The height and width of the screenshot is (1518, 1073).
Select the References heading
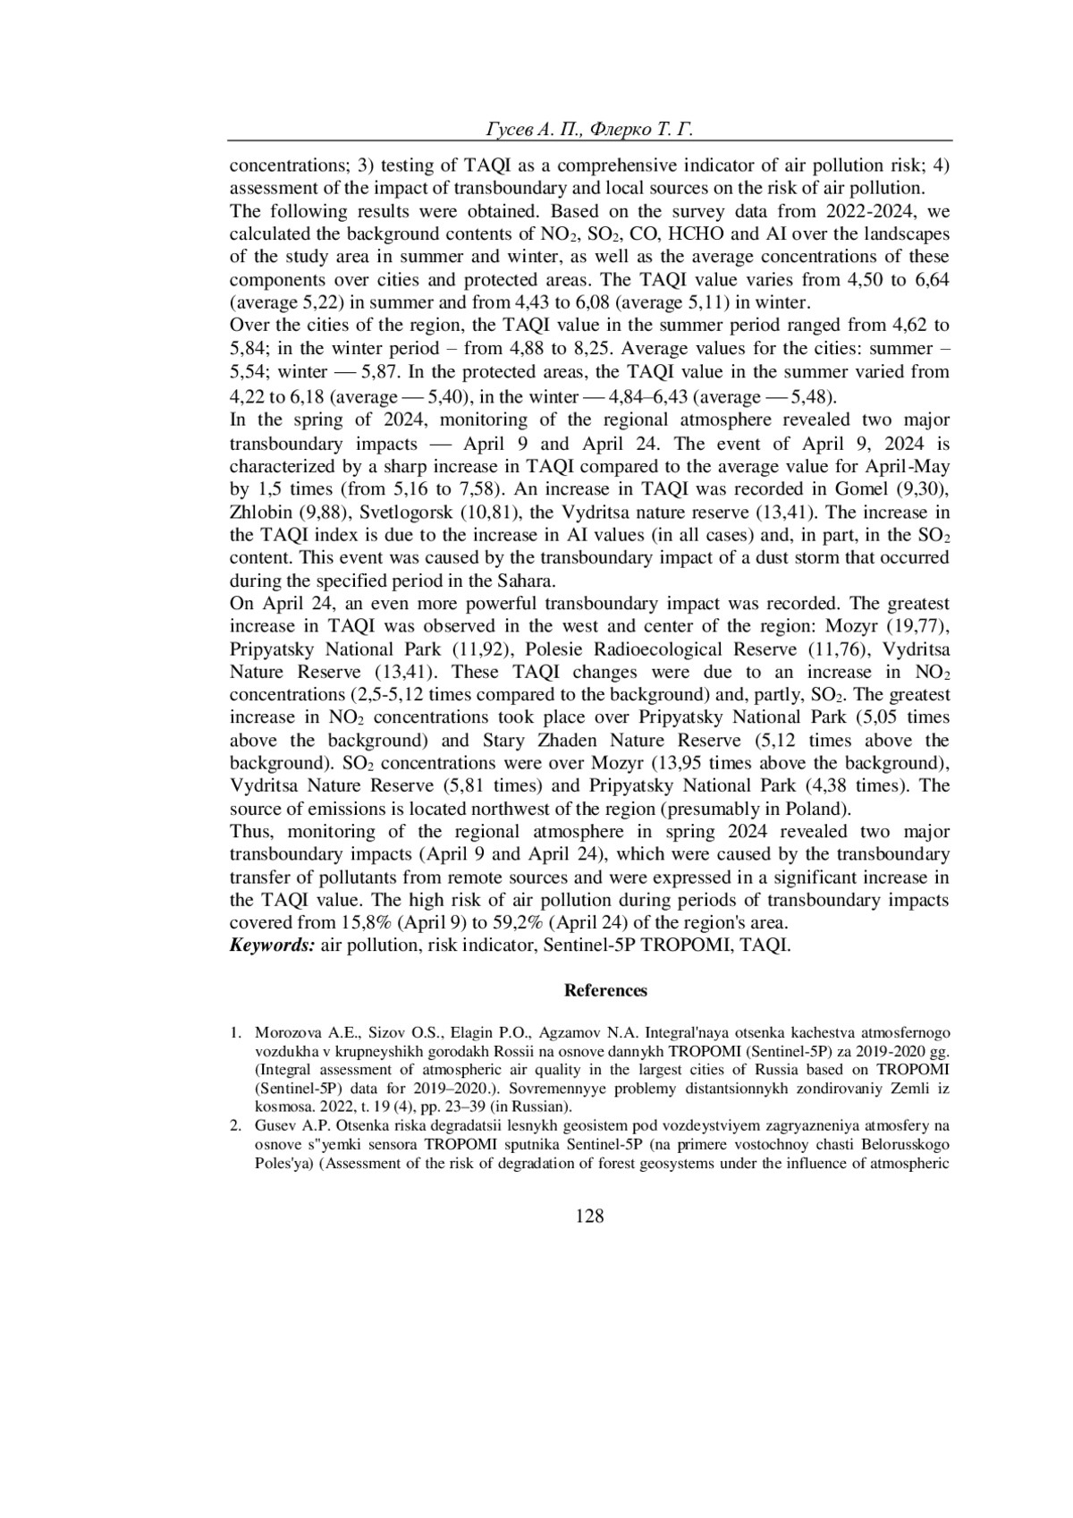click(605, 990)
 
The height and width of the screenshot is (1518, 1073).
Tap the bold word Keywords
click(272, 946)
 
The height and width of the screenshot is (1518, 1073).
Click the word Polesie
click(556, 649)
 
